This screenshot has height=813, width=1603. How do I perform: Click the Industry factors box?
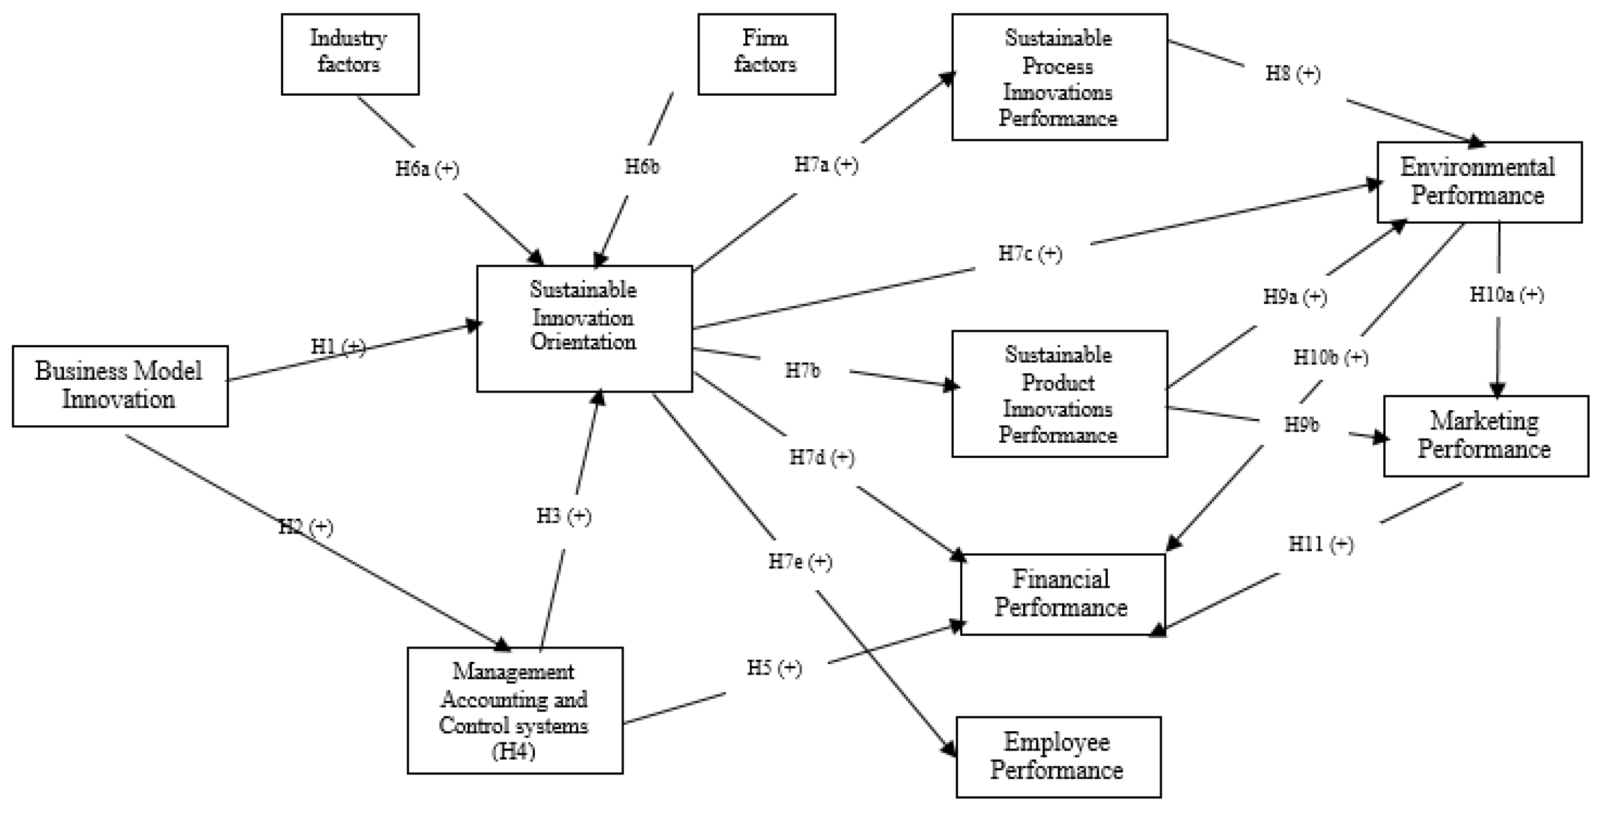[x=350, y=54]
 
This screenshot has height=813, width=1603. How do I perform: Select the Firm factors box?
[x=766, y=54]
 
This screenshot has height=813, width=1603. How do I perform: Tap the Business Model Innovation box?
[x=120, y=386]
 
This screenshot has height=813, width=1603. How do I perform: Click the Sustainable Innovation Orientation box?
[x=585, y=329]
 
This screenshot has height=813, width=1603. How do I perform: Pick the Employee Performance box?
[x=1058, y=756]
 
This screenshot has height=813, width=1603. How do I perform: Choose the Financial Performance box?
[x=1062, y=594]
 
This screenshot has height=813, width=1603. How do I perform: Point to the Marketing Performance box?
[x=1485, y=435]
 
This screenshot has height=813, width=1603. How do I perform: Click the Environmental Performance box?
[x=1479, y=182]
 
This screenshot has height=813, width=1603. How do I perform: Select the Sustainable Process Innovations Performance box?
[x=1059, y=77]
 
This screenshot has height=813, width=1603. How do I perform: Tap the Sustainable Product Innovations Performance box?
[x=1059, y=394]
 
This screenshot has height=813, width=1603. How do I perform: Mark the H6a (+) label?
[x=427, y=169]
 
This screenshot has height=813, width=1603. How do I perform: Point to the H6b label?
[x=642, y=167]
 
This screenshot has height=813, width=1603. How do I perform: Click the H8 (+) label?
[x=1293, y=73]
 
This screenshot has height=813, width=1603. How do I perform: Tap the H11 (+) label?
[x=1320, y=544]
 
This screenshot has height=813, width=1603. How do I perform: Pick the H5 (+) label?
[x=774, y=668]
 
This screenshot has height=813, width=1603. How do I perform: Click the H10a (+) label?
[x=1506, y=294]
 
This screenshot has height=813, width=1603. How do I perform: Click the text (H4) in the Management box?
[x=513, y=752]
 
